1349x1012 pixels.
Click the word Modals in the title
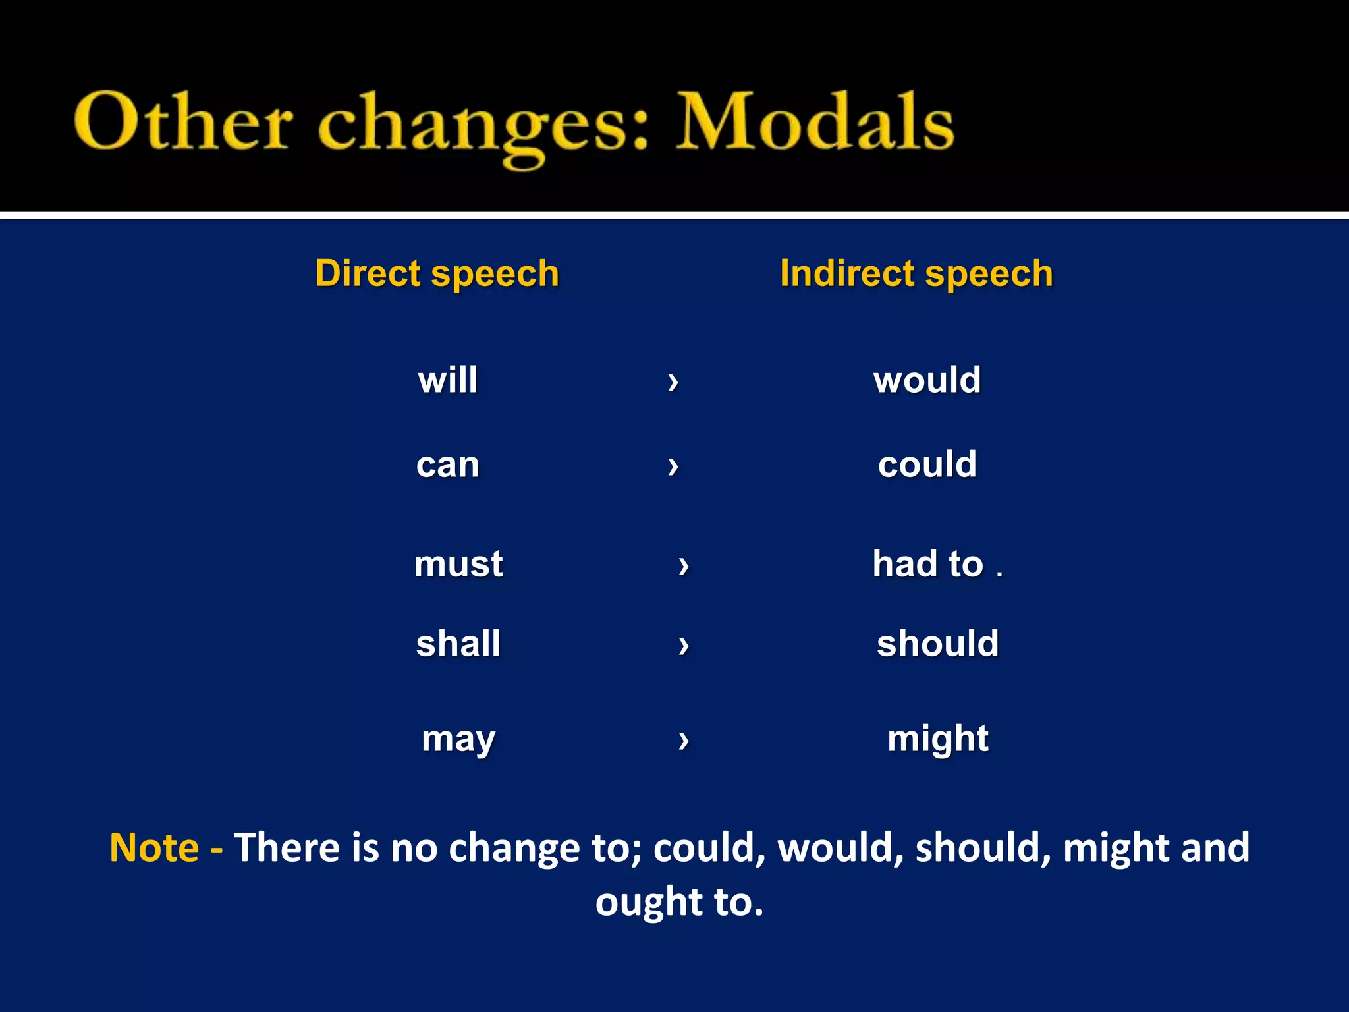815,122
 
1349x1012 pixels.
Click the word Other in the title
182,122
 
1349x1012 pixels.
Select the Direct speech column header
437,273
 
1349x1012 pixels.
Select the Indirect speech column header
916,273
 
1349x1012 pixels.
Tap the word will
448,380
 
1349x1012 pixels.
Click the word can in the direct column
448,464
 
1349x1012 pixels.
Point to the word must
458,564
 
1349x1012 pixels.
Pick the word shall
458,643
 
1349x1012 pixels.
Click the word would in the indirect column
927,380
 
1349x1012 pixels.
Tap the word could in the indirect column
927,464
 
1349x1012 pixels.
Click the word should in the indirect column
938,643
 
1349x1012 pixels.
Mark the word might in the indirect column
938,739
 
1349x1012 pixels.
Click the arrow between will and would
673,381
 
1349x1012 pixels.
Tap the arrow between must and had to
684,565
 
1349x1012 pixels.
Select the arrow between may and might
684,740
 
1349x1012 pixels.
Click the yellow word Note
154,847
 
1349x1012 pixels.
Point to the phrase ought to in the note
678,902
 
